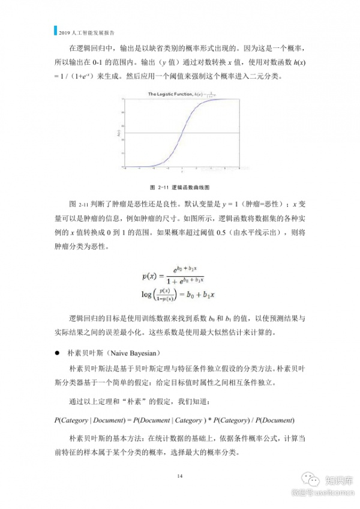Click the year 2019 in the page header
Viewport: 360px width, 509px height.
63,29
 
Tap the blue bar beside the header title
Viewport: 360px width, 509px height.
54,29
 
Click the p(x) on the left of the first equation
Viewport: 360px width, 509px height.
150,276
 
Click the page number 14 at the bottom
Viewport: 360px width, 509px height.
179,475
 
